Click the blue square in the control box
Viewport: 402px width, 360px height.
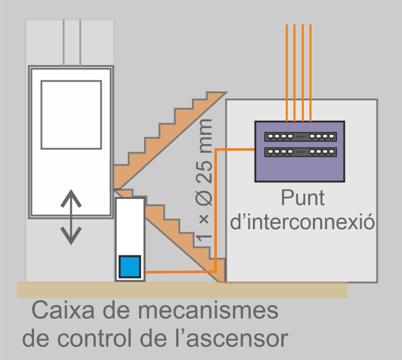pos(130,266)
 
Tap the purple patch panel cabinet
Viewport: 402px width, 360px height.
pos(300,169)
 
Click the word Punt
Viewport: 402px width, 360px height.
pos(302,199)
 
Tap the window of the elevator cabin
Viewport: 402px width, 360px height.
pos(71,115)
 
